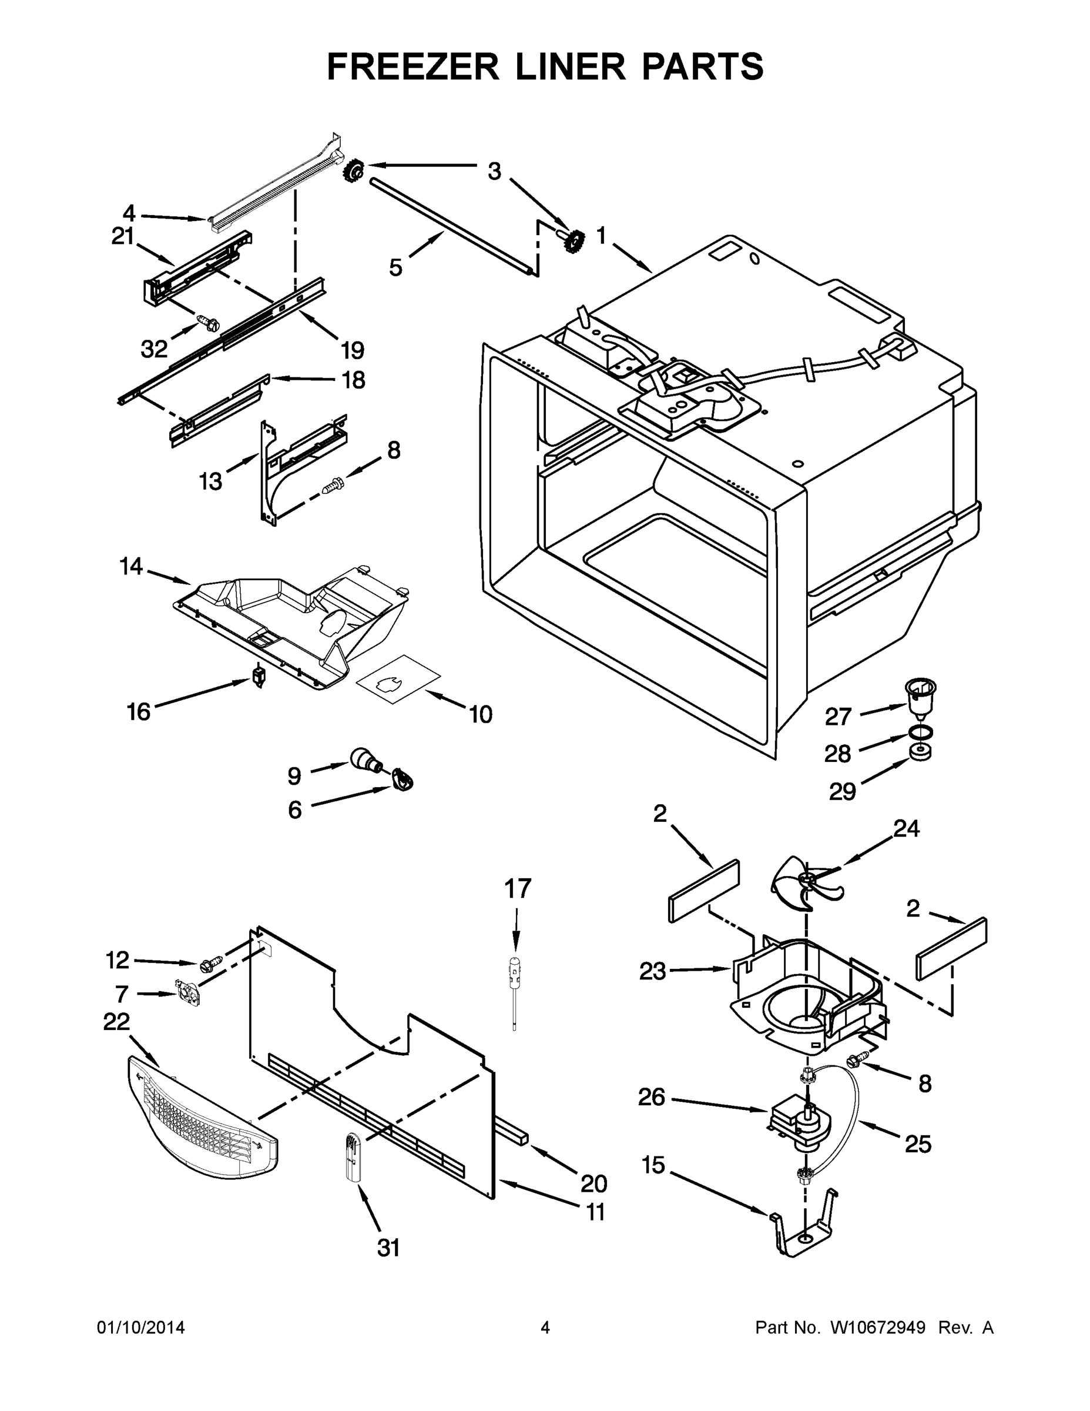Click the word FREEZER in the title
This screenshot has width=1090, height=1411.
click(x=413, y=66)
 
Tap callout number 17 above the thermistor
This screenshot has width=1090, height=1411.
click(x=517, y=889)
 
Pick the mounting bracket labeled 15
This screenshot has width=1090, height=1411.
click(x=801, y=1233)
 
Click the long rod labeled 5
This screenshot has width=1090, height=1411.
click(x=452, y=228)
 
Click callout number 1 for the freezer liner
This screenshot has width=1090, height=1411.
click(x=601, y=236)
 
